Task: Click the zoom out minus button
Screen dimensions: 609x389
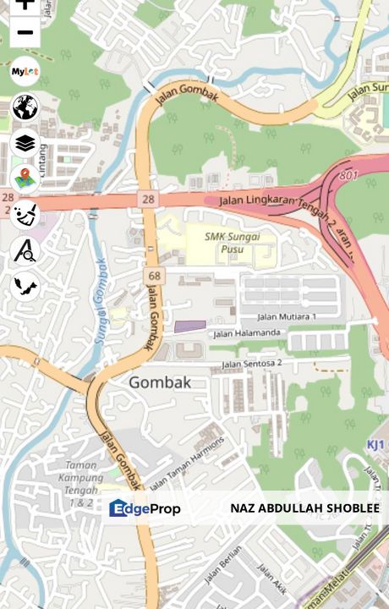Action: pos(25,33)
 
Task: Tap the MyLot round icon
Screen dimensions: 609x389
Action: pos(25,72)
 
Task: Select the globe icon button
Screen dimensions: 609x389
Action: pos(25,107)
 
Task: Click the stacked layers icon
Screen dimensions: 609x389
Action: pos(25,143)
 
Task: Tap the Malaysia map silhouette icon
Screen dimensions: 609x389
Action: pos(25,286)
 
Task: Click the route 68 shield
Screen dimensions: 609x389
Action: pos(153,276)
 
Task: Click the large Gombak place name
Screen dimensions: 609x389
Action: pos(160,382)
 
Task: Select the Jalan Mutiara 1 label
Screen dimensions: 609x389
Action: pos(287,316)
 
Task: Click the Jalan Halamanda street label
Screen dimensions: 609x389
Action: pos(246,333)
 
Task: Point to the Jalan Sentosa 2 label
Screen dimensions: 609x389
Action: pos(251,364)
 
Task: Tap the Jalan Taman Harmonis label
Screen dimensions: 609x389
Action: pos(187,464)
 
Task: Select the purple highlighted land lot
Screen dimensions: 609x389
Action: pos(189,326)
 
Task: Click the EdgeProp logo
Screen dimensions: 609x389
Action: pos(145,508)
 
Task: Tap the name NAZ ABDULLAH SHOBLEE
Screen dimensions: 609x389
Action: pos(304,508)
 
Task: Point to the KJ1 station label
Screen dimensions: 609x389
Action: pos(376,444)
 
